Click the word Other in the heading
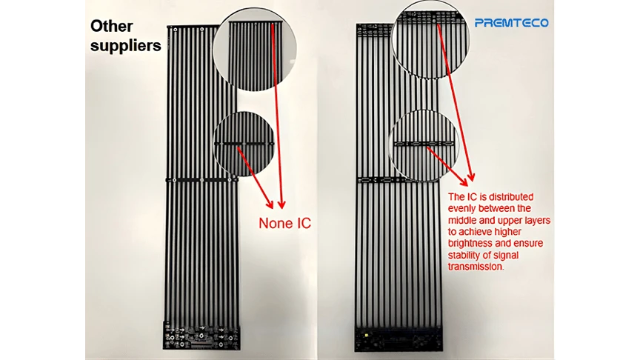(111, 26)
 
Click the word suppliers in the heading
(126, 46)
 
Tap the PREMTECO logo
(511, 23)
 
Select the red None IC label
(285, 223)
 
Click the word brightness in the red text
(470, 243)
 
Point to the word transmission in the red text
(476, 267)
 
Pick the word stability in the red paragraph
(464, 255)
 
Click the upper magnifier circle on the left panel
(254, 50)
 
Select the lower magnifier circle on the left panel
(245, 144)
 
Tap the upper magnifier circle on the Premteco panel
(430, 39)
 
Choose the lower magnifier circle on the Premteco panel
(424, 145)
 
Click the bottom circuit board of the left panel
(201, 335)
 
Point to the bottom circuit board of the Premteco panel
(398, 338)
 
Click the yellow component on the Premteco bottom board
(367, 335)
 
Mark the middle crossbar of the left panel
(201, 180)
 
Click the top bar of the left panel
(192, 27)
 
